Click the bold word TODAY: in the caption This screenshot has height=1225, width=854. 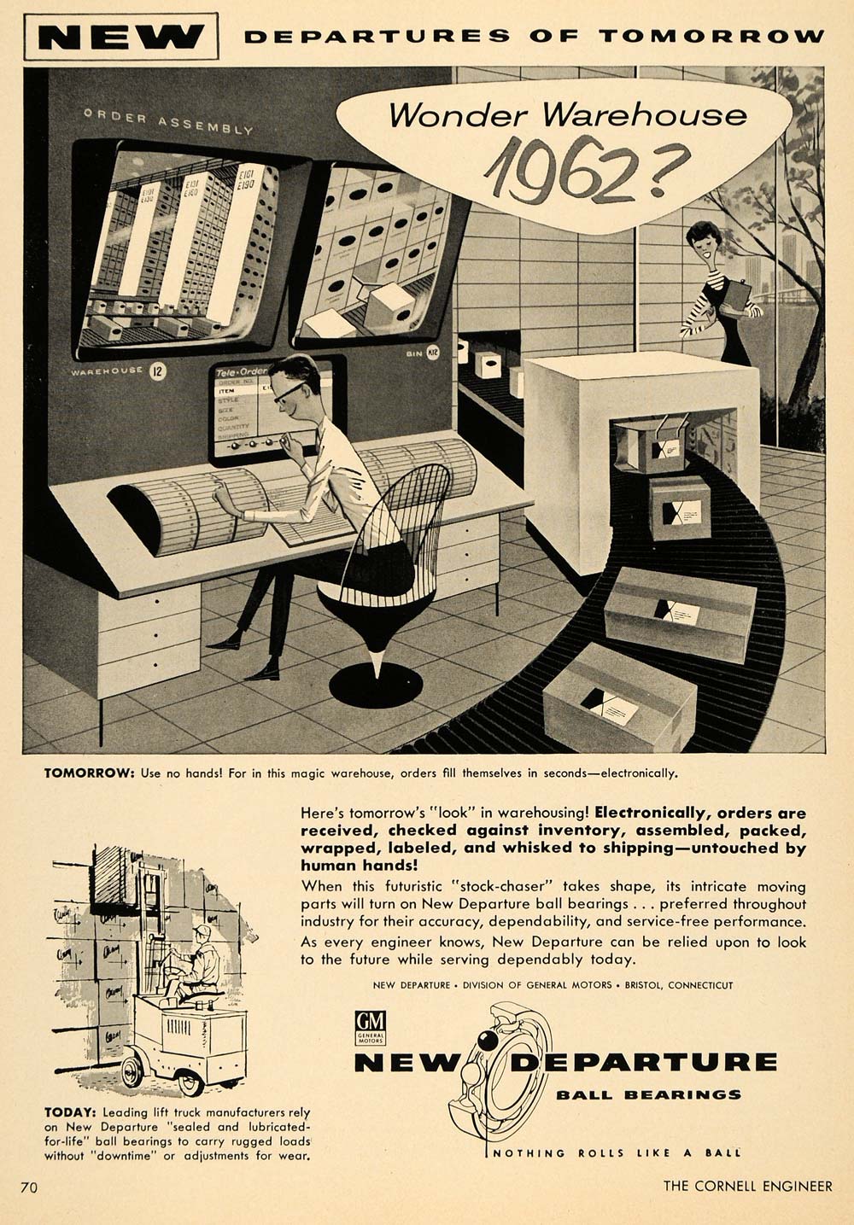point(72,1112)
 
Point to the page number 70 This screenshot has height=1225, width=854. point(29,1187)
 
